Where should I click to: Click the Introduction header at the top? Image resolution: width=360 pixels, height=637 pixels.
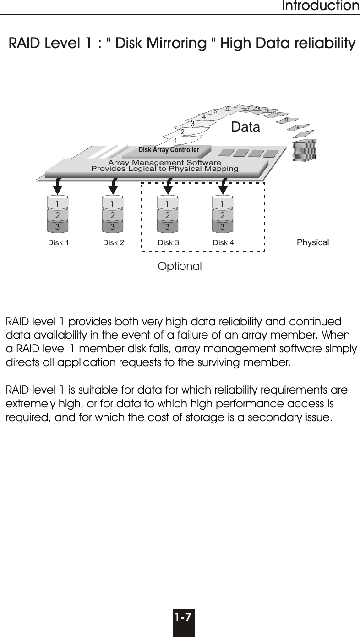(320, 6)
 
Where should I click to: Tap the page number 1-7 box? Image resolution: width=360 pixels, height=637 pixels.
(183, 622)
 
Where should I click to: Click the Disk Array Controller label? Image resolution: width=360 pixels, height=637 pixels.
(169, 150)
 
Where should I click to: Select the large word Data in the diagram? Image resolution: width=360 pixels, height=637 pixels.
(245, 127)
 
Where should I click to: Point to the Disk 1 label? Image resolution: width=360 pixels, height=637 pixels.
(58, 243)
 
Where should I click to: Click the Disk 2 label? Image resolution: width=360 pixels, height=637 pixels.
(114, 243)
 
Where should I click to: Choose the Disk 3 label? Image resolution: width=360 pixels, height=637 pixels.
(169, 243)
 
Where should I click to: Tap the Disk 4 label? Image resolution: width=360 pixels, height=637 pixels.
(224, 243)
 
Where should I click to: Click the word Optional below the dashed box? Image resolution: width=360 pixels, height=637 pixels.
(180, 266)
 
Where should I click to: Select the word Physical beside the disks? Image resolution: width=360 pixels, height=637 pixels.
(313, 242)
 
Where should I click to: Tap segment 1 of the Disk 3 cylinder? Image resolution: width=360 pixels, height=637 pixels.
(168, 203)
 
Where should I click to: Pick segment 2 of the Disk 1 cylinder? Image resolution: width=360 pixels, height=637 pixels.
(58, 214)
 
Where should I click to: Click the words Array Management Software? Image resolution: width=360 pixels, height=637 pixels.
(164, 163)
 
